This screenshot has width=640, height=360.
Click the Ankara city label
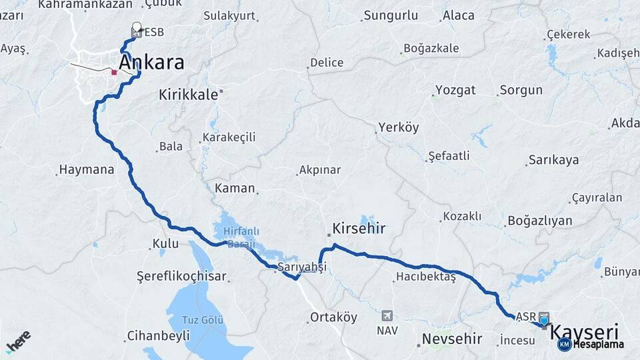[151, 63]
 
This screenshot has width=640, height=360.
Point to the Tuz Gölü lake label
[203, 320]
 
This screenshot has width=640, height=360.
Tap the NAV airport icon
[387, 315]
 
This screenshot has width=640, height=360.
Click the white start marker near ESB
[137, 27]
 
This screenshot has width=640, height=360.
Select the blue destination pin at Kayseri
[544, 321]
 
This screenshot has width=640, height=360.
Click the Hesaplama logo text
[599, 345]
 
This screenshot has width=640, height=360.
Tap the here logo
[18, 341]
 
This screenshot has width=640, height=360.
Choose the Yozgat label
[455, 90]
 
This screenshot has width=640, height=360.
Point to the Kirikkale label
[188, 95]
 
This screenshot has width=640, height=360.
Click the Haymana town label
[87, 169]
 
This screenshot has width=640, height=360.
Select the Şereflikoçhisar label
[181, 276]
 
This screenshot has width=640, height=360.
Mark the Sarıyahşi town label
[302, 267]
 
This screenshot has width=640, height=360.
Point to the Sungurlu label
[391, 15]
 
